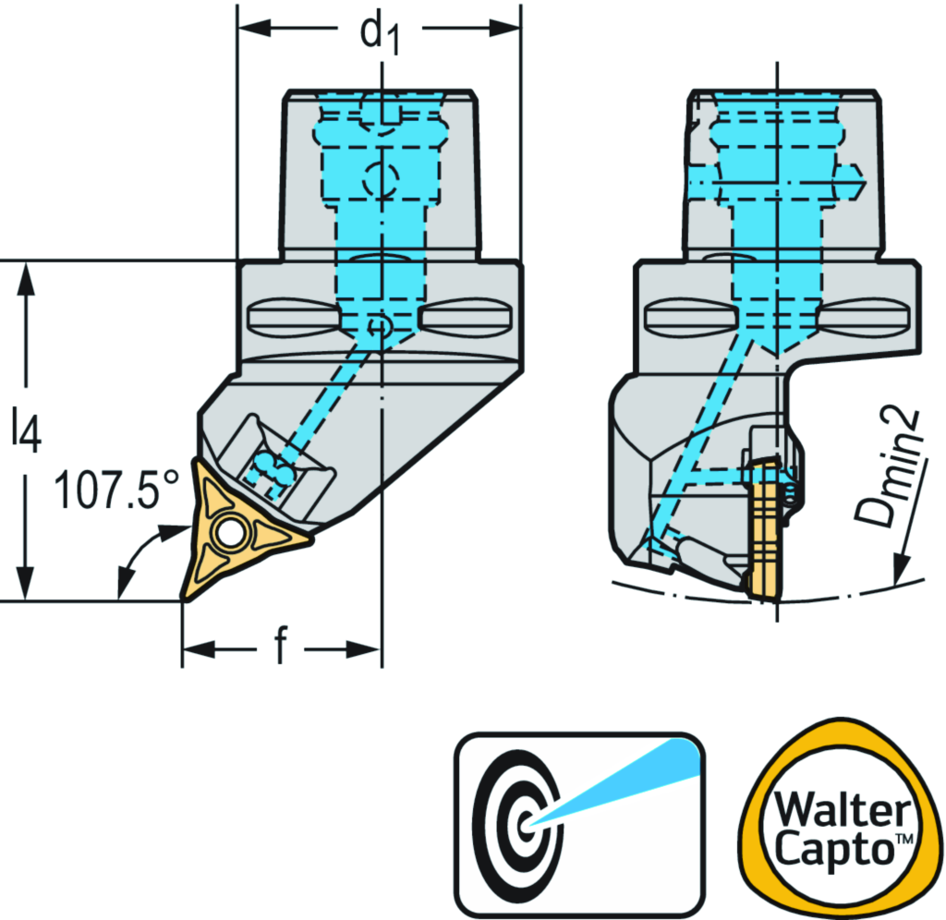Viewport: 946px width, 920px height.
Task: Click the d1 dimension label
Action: pyautogui.click(x=380, y=33)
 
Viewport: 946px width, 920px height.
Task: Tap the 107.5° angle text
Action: pyautogui.click(x=115, y=490)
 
